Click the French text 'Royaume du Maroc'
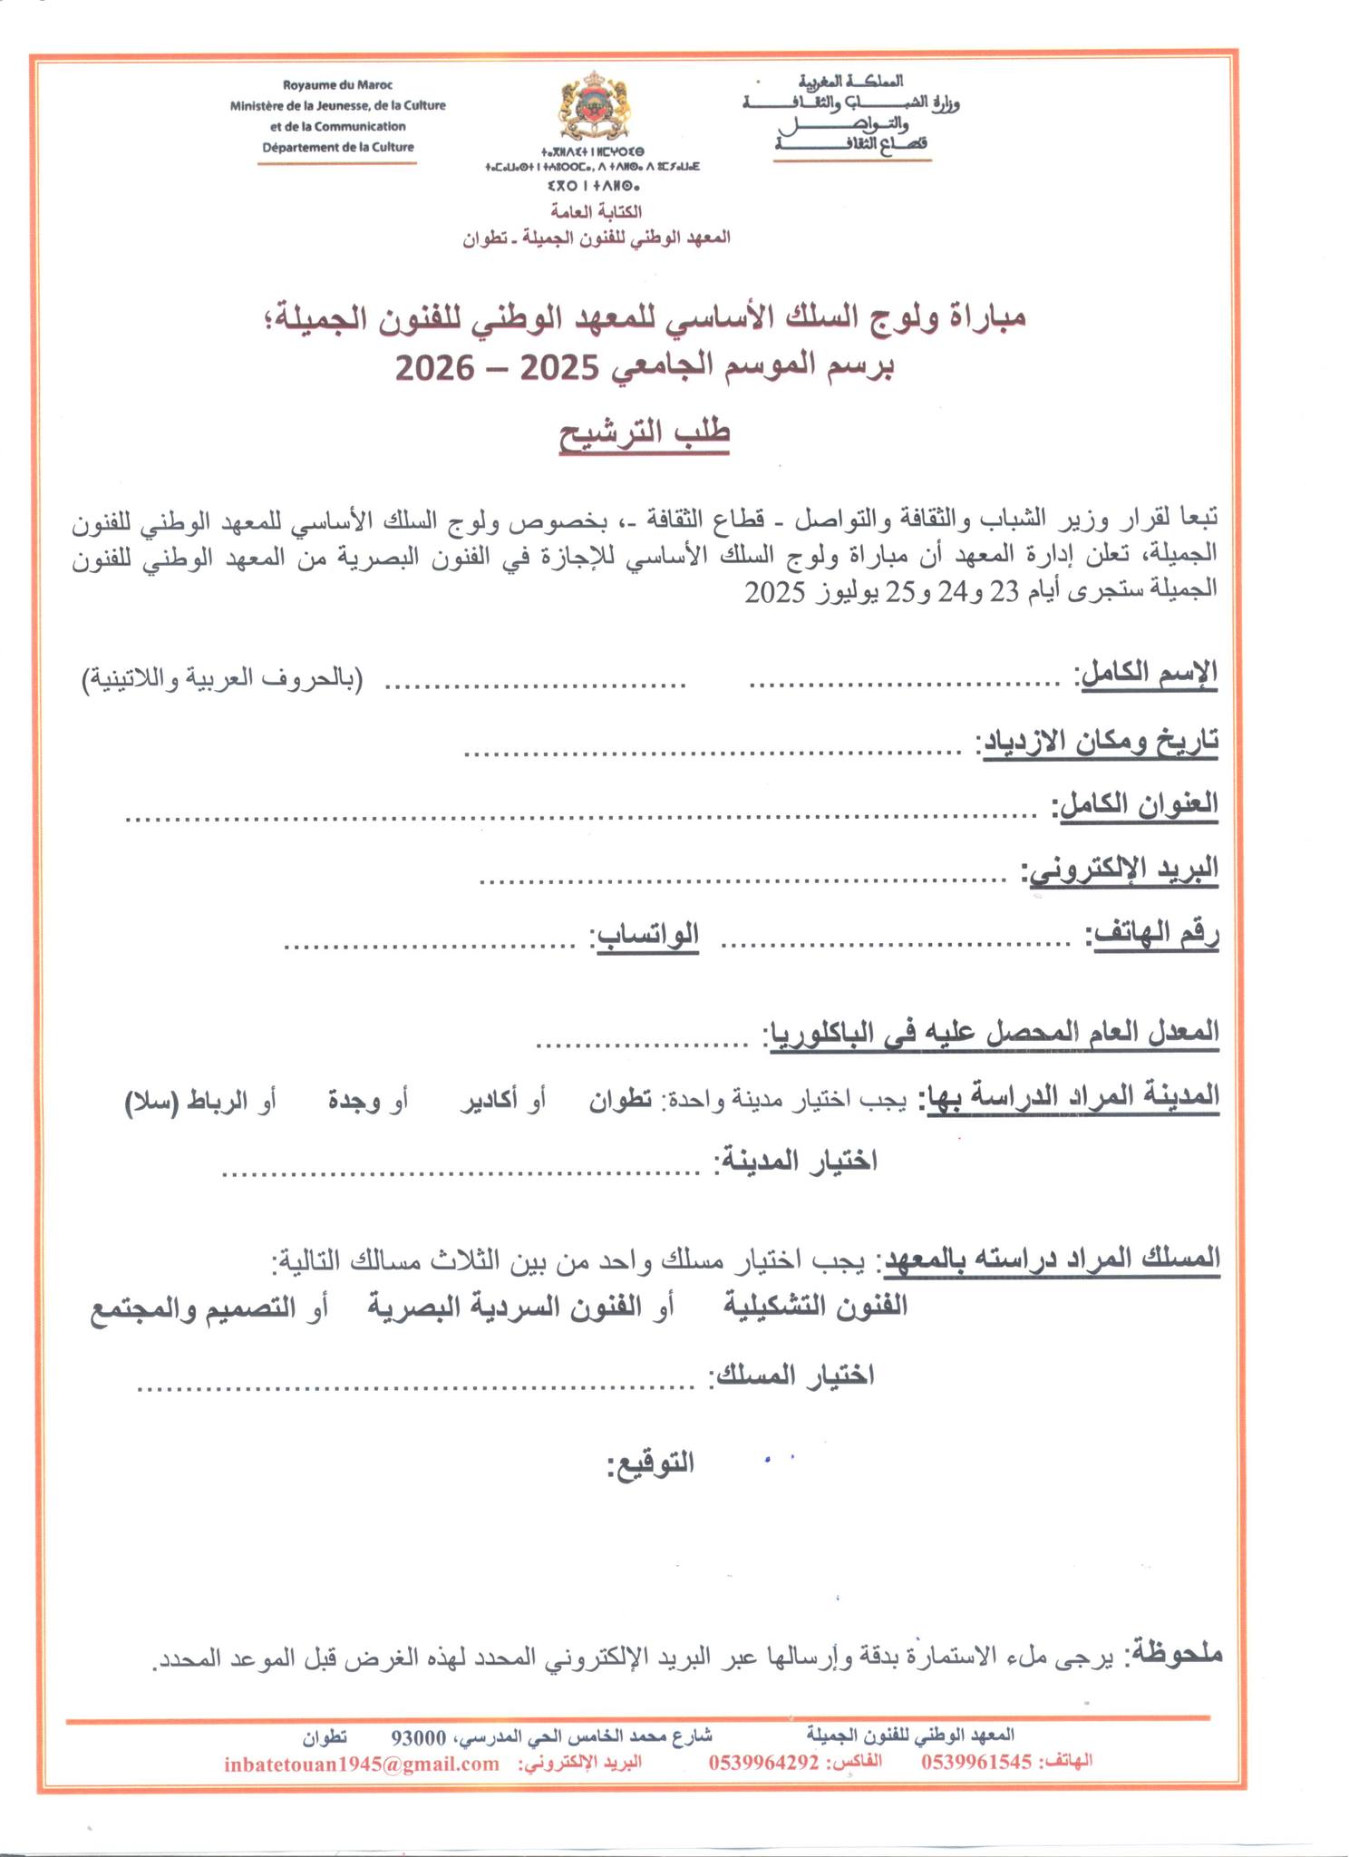[338, 85]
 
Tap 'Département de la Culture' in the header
[338, 147]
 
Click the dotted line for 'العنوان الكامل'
[580, 817]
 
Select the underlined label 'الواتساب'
[645, 934]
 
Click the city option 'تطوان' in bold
[621, 1101]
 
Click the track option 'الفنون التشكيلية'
[816, 1305]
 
